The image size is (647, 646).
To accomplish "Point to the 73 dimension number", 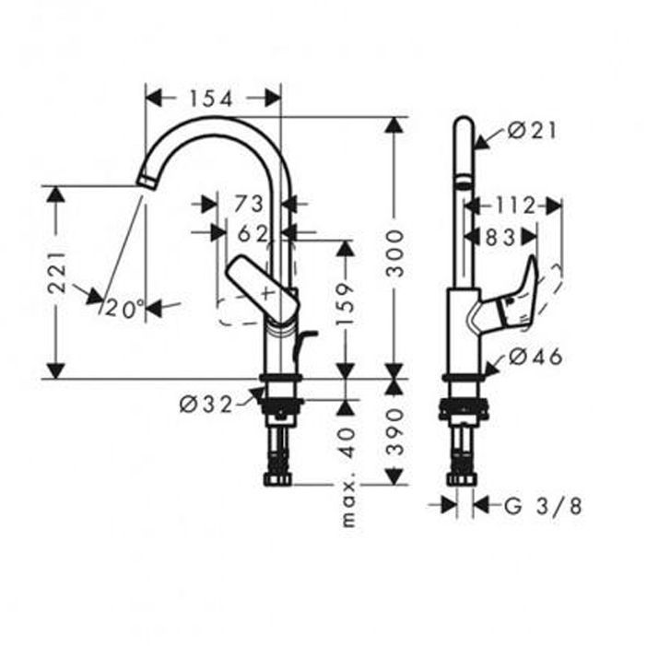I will click(x=250, y=204).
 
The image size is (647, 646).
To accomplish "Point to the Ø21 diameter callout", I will click(x=533, y=132).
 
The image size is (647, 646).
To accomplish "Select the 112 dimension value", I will click(x=514, y=205).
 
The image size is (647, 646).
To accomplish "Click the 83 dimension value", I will click(x=500, y=238).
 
